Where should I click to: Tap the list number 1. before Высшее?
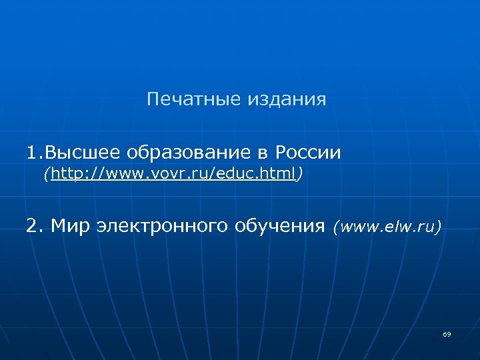(35, 153)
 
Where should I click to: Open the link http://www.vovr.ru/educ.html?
(173, 175)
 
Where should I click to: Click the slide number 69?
(446, 334)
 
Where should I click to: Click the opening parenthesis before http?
(47, 175)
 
